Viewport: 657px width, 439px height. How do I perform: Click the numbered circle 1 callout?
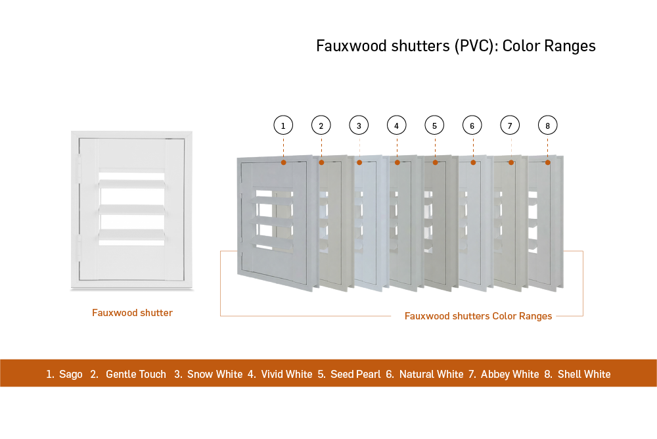(283, 126)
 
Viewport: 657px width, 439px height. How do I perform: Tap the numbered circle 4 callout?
(396, 126)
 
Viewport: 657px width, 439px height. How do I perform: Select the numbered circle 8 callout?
(548, 126)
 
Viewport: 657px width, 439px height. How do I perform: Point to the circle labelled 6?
(472, 126)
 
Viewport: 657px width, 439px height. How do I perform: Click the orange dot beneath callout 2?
(321, 162)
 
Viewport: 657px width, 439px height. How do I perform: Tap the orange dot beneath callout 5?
(436, 162)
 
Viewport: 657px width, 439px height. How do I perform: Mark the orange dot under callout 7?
(511, 162)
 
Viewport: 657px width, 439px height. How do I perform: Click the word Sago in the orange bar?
(71, 375)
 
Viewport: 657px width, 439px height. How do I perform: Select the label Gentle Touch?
(136, 374)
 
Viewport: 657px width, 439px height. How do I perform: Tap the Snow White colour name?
(215, 374)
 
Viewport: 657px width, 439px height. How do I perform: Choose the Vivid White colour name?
(286, 374)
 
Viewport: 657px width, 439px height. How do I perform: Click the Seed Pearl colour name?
(355, 374)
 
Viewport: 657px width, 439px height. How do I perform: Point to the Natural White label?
(431, 374)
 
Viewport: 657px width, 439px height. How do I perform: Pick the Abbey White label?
(510, 374)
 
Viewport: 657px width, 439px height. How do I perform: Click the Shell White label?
(584, 374)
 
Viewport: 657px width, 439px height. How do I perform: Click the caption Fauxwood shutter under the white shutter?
(133, 313)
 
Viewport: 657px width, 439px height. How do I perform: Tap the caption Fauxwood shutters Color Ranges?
(478, 316)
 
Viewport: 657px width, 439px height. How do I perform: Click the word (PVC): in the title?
(476, 46)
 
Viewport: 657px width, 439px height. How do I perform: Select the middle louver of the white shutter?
(132, 210)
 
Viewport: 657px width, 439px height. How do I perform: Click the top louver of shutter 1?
(271, 201)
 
